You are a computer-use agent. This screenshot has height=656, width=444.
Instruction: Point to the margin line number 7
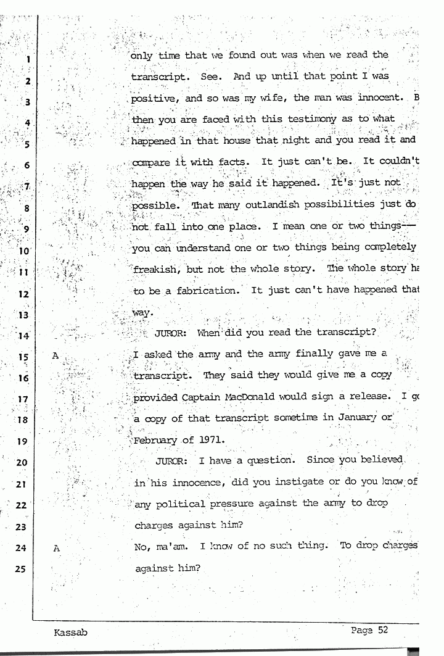27,186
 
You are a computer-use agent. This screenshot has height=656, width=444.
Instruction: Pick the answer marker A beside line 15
56,356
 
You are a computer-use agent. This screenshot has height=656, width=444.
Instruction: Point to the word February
158,440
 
